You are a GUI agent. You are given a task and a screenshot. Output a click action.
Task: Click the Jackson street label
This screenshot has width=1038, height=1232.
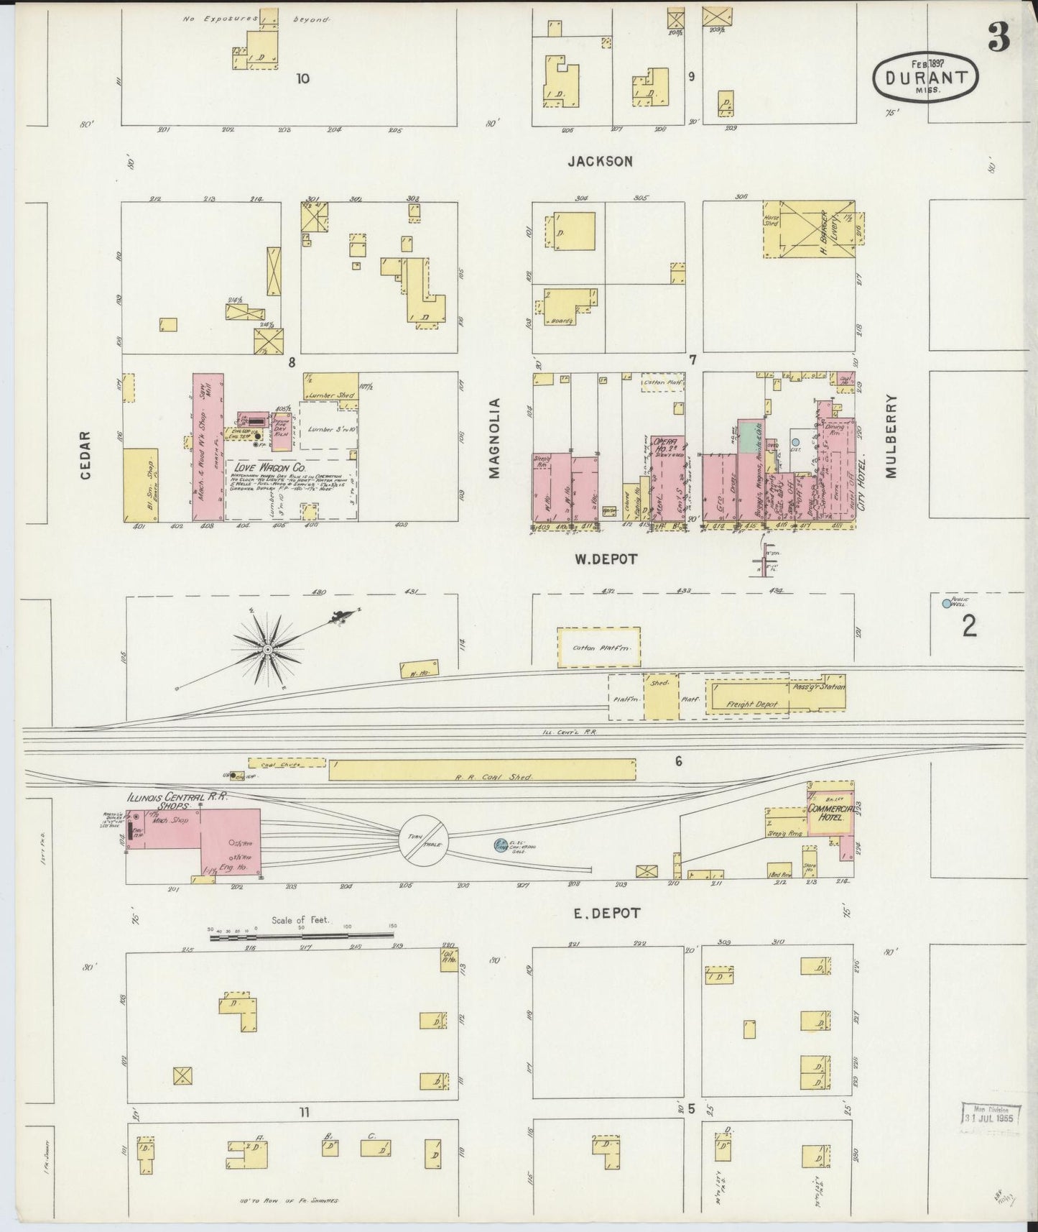600,162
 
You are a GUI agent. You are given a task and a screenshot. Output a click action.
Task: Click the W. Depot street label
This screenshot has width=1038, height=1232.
605,558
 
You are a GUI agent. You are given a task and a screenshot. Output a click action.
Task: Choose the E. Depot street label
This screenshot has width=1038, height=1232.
606,914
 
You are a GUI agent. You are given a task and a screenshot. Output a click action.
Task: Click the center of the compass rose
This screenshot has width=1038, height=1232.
267,650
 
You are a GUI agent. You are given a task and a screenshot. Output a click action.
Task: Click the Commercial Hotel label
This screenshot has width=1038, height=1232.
830,813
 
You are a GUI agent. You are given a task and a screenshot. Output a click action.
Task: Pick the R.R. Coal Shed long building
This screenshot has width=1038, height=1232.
481,770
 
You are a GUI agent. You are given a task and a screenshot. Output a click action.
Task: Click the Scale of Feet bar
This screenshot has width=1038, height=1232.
305,937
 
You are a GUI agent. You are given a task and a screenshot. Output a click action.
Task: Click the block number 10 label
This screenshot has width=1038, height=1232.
302,78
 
